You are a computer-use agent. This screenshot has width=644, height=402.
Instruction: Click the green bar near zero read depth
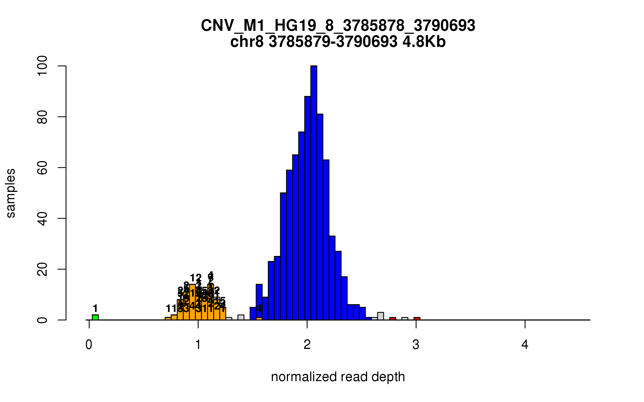pos(95,317)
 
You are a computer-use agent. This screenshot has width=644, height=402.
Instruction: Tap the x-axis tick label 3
pos(416,345)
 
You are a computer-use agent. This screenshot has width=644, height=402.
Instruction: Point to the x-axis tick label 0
pos(89,345)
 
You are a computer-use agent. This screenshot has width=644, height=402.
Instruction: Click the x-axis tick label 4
pos(525,345)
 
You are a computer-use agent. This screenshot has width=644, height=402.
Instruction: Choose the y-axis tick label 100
pos(42,66)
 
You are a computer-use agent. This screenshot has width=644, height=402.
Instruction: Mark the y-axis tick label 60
pos(42,167)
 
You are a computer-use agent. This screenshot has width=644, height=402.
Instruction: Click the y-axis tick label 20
pos(42,269)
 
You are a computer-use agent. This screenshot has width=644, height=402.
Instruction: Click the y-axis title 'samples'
pos(11,193)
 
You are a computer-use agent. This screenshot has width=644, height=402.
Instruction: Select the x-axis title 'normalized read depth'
pos(338,377)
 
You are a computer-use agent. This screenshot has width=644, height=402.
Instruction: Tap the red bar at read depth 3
pos(417,319)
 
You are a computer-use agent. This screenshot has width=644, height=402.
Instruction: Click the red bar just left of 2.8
pos(393,319)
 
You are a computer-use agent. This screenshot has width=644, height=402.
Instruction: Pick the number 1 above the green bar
pos(95,308)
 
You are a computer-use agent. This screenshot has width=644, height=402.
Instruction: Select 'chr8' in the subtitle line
pos(247,42)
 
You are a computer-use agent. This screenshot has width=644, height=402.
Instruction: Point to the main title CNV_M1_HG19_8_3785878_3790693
pos(338,26)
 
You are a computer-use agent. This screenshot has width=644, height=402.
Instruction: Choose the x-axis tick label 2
pos(307,345)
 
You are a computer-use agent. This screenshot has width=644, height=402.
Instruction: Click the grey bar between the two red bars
pos(405,319)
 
